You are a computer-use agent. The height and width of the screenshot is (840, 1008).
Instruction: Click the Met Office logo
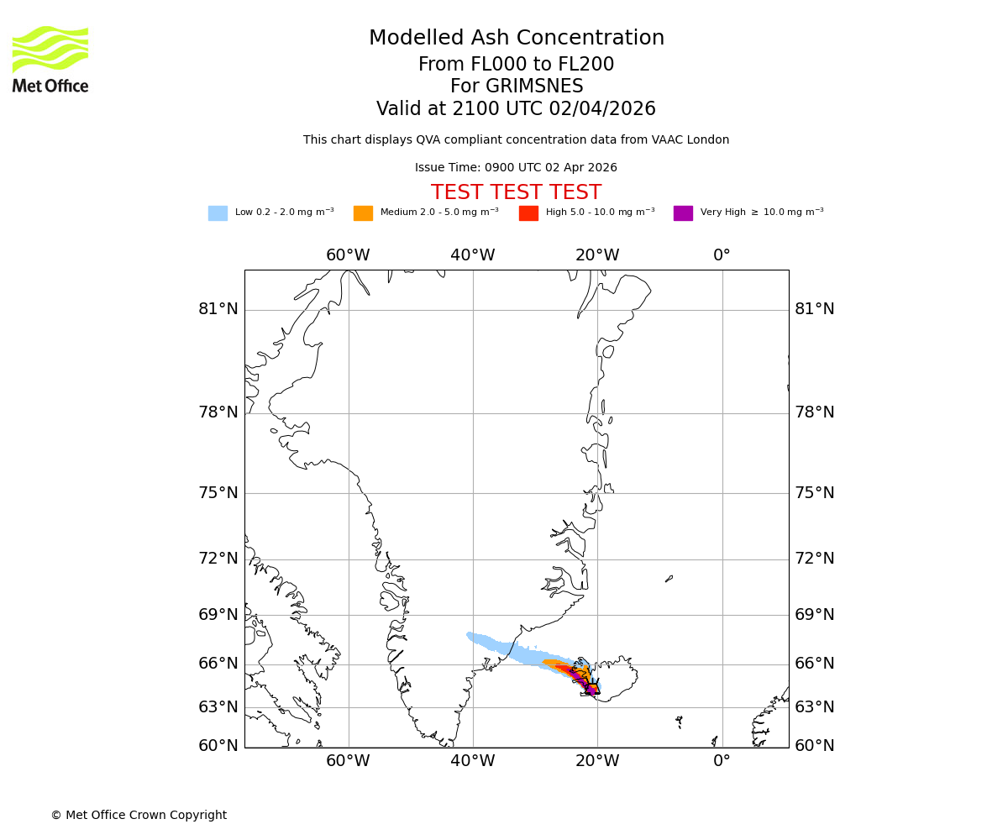tap(50, 59)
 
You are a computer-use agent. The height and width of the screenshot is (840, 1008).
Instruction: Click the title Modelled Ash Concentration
tap(516, 39)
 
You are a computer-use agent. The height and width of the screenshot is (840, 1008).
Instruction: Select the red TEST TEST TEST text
tap(516, 193)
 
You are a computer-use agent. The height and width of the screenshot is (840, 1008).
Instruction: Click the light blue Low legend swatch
tap(218, 213)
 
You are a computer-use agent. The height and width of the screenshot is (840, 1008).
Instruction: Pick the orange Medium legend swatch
tap(363, 213)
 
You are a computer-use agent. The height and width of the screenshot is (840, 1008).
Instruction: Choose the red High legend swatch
tap(528, 213)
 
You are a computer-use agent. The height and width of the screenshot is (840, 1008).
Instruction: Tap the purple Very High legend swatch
tap(683, 213)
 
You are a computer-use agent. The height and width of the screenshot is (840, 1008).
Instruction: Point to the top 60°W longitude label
tap(348, 255)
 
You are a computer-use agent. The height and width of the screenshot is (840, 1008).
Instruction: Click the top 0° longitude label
tap(722, 255)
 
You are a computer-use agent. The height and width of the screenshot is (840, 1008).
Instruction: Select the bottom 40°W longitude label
tap(472, 761)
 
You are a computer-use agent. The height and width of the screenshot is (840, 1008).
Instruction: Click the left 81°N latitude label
tap(218, 309)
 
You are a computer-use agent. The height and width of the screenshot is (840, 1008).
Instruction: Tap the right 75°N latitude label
tap(815, 493)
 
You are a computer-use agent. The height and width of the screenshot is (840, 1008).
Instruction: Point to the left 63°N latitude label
tap(218, 706)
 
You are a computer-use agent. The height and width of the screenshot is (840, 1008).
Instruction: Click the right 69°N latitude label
tap(815, 615)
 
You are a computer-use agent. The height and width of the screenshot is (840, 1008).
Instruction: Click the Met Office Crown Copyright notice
tap(139, 815)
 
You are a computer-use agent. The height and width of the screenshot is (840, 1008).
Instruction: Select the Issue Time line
tap(516, 168)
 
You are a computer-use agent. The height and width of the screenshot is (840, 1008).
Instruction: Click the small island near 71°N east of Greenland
tap(669, 578)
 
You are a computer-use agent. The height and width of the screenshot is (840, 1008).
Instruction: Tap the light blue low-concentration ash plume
tap(504, 647)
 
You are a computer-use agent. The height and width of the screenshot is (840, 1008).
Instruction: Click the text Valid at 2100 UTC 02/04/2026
tap(516, 109)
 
